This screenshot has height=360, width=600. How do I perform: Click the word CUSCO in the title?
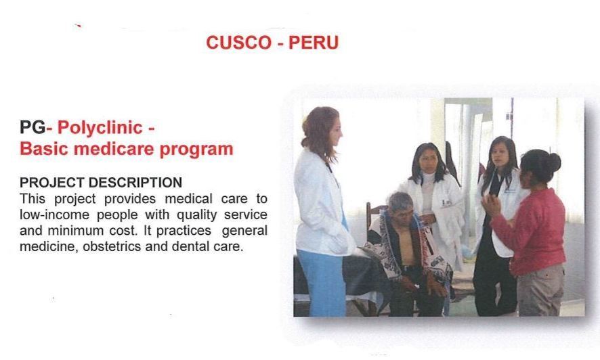pyautogui.click(x=239, y=43)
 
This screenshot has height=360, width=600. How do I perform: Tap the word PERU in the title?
pyautogui.click(x=314, y=43)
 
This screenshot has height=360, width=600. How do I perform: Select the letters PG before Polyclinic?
pyautogui.click(x=33, y=128)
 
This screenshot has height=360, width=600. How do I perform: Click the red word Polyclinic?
pyautogui.click(x=100, y=128)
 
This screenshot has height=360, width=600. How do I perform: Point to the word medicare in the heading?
pyautogui.click(x=115, y=149)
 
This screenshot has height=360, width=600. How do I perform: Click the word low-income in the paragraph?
pyautogui.click(x=54, y=215)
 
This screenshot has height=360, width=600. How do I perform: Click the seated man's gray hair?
pyautogui.click(x=399, y=200)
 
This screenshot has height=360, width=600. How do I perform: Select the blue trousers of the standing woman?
pyautogui.click(x=322, y=282)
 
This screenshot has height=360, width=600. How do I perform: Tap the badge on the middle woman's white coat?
pyautogui.click(x=446, y=203)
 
